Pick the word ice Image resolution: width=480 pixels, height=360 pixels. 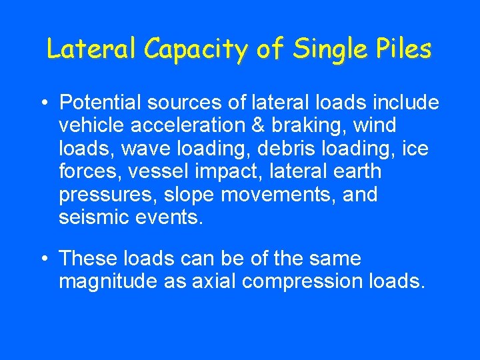[x=415, y=149]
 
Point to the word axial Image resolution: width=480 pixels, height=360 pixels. [x=213, y=282]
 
